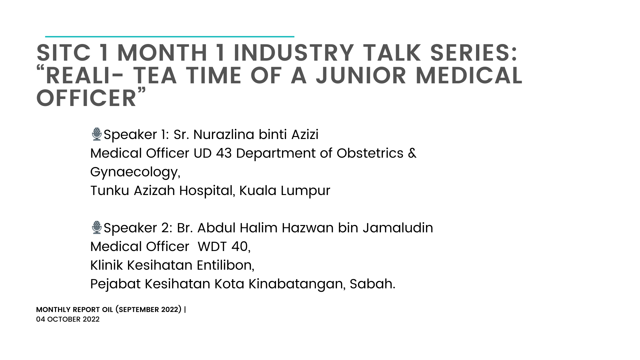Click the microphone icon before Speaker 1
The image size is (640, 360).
97,134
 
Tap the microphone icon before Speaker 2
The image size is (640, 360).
97,227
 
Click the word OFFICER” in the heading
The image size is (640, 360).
91,98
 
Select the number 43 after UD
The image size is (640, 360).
224,153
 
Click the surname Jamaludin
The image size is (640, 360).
398,228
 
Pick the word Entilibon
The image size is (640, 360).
225,265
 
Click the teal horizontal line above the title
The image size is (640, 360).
170,36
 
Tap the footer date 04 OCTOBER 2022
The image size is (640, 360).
68,319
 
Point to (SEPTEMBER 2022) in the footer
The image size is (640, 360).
149,310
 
